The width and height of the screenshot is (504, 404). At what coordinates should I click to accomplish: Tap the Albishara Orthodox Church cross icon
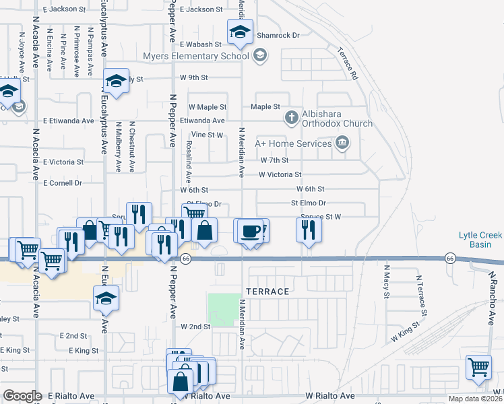291,118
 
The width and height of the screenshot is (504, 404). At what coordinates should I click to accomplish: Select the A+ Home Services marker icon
342,143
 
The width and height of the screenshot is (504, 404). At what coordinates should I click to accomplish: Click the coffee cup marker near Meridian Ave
249,230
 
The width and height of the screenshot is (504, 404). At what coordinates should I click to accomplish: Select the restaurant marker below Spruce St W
309,230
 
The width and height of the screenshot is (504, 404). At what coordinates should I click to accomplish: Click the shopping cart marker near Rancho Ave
478,368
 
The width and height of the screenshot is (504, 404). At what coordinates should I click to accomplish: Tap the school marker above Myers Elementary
239,31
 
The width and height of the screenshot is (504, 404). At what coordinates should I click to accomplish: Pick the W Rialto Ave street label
329,396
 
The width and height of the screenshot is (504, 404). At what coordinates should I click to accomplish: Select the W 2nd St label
195,327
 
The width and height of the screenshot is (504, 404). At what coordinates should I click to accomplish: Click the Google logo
22,396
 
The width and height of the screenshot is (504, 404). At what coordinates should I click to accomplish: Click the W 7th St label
274,160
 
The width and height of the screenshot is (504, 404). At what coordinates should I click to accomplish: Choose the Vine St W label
210,135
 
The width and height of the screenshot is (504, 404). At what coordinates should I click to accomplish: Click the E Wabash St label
200,44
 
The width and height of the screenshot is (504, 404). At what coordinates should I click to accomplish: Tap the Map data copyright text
475,399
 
